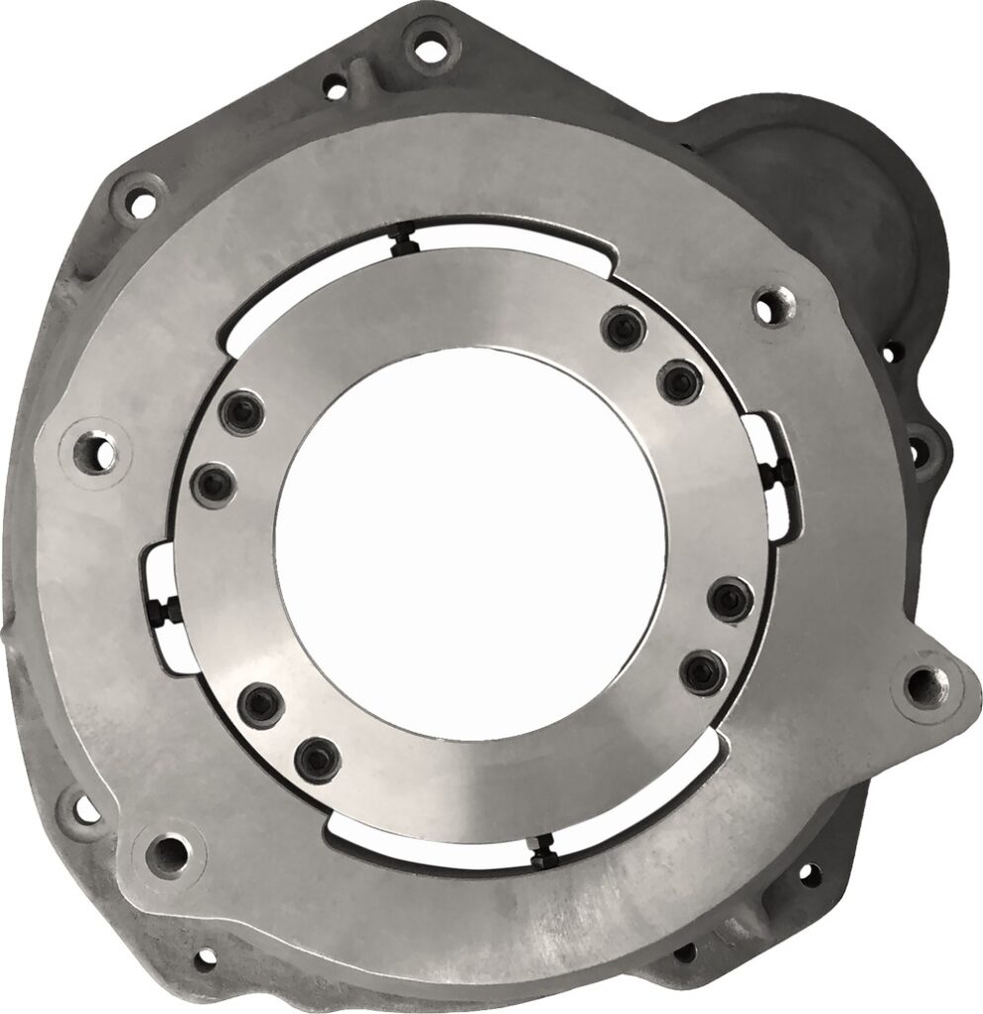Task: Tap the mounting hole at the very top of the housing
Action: click(429, 44)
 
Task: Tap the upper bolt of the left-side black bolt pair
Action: click(241, 415)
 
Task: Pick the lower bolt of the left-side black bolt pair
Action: click(211, 484)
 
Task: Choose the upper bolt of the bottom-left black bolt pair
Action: click(259, 701)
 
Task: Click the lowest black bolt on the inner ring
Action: click(318, 758)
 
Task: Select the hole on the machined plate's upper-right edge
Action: click(767, 308)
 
